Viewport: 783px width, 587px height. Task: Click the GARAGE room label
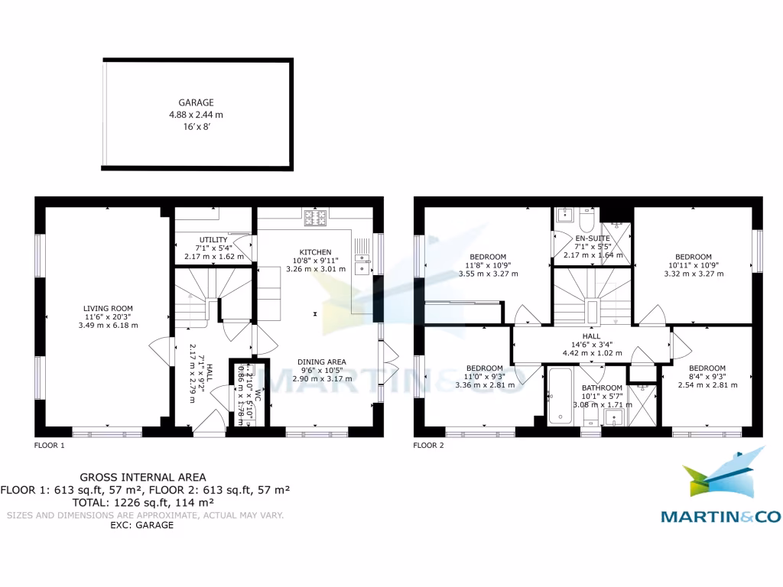click(197, 102)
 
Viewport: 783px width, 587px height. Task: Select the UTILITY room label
click(213, 240)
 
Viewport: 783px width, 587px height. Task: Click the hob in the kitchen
click(314, 218)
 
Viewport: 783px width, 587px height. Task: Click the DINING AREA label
click(322, 362)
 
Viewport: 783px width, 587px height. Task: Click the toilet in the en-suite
click(586, 220)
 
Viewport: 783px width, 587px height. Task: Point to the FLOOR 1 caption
click(50, 444)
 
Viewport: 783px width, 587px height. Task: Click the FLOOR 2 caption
click(428, 444)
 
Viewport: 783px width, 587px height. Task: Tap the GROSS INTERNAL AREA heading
click(143, 477)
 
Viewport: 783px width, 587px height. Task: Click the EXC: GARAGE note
click(143, 526)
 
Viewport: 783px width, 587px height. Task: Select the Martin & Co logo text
click(720, 517)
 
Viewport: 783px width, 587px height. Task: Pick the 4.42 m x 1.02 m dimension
click(591, 353)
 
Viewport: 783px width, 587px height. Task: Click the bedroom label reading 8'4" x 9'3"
click(707, 377)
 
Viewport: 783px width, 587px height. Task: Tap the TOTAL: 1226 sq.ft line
click(143, 502)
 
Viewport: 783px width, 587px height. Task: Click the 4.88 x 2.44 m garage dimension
click(197, 115)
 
